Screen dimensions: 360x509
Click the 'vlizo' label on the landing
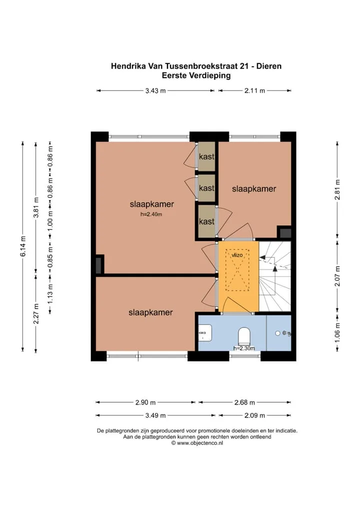point(237,255)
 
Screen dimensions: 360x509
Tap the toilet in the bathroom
point(244,336)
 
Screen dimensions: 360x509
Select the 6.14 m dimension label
point(23,246)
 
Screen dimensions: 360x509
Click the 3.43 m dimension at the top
point(155,90)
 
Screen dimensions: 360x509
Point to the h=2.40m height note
point(151,214)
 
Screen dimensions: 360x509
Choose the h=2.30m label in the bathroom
point(244,348)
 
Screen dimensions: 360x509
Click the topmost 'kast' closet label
point(207,156)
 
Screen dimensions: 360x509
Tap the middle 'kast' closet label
point(207,188)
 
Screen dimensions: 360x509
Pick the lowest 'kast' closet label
point(207,221)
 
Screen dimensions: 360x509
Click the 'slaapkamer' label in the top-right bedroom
point(254,188)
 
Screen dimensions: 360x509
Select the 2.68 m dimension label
point(245,402)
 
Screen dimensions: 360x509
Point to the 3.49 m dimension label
point(155,415)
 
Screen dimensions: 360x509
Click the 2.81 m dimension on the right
point(337,189)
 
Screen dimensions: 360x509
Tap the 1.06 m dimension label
point(337,332)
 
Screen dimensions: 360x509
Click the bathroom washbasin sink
point(205,333)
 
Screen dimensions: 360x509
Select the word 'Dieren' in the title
point(269,66)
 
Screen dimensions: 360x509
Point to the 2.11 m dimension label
point(255,90)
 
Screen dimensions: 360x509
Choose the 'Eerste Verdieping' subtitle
point(196,75)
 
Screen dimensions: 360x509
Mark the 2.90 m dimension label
point(145,402)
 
